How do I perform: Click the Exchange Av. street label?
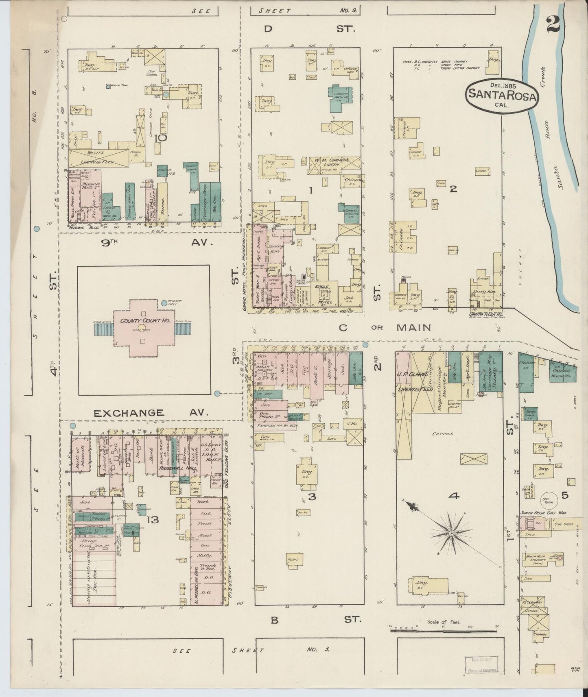(151, 413)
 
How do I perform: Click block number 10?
(161, 138)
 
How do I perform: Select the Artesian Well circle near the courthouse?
(164, 303)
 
